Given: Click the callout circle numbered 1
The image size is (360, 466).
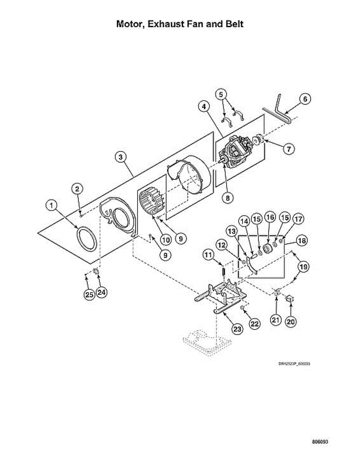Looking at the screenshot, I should point(51,205).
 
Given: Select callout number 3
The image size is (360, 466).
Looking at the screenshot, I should point(121,157).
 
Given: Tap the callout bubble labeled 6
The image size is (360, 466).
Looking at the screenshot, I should point(305,99).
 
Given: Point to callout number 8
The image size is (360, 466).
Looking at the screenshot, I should point(227,198).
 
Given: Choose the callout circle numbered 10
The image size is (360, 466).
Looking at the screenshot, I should point(166,240).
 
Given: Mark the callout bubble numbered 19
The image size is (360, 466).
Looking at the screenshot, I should point(303,267).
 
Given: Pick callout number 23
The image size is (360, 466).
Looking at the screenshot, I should point(237,329).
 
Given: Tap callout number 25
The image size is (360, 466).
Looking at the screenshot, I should point(89,294).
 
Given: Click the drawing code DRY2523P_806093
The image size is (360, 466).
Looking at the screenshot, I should point(295,364).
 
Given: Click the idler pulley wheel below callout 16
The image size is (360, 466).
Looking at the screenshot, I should point(268,248).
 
